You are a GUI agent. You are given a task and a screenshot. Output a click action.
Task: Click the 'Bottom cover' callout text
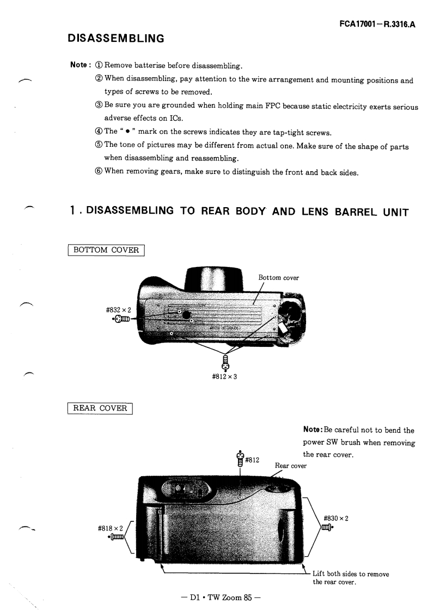[278, 278]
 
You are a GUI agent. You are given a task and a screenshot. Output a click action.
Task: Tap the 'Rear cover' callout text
[291, 465]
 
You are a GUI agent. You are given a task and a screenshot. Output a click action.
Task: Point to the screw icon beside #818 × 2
[117, 537]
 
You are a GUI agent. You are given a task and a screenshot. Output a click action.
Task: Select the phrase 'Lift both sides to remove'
[351, 574]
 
